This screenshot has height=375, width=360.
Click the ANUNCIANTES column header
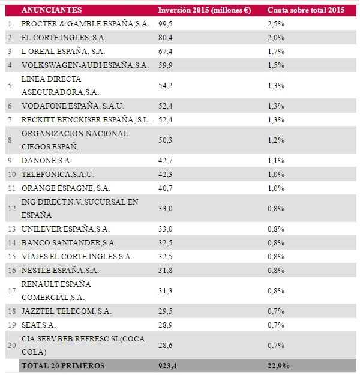pos(51,10)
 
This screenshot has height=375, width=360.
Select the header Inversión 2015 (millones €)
pos(204,10)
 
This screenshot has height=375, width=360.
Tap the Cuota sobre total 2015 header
pos(306,10)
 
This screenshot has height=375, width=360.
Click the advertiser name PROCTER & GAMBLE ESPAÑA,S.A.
pos(84,23)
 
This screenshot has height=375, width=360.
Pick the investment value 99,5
pos(166,23)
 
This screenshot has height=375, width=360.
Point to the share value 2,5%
pos(276,23)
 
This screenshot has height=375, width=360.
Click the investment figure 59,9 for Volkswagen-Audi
pos(166,65)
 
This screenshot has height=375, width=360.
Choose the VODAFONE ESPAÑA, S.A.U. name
pos(72,106)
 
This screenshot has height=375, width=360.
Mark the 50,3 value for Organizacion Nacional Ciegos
pos(166,140)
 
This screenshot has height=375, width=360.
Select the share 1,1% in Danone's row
pos(276,160)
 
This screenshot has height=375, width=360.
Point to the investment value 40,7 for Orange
pos(166,188)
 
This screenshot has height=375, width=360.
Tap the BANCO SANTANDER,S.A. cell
pos(68,242)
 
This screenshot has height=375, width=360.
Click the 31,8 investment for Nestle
pos(166,270)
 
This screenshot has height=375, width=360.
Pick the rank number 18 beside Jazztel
pos(11,311)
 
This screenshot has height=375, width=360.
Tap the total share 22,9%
pos(278,365)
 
